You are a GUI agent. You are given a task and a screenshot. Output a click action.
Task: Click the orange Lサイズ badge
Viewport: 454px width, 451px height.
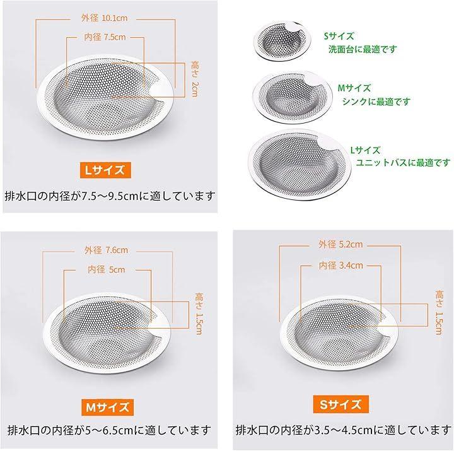tap(105, 170)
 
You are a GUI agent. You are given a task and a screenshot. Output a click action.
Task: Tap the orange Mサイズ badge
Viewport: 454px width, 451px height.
tap(107, 407)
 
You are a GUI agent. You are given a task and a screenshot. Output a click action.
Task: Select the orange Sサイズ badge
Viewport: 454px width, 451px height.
tap(340, 404)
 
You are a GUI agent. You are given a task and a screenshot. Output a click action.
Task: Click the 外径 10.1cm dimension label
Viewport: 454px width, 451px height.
tap(104, 18)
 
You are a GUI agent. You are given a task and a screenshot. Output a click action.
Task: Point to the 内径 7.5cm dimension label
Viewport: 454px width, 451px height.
tap(105, 37)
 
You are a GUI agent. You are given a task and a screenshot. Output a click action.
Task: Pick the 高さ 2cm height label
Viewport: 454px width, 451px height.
tap(195, 79)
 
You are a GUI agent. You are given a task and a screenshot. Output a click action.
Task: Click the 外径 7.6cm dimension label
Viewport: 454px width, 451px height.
tap(107, 250)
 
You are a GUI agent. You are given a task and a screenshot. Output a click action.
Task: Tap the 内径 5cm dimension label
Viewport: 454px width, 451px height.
tap(107, 270)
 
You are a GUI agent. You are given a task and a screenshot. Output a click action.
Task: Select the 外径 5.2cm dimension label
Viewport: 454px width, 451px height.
tap(340, 244)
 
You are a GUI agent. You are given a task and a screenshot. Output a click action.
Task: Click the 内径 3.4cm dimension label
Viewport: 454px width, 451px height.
tap(340, 266)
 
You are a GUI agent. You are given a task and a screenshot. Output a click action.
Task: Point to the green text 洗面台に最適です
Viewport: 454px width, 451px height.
tap(362, 49)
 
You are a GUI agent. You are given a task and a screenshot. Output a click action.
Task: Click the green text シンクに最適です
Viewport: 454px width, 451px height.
tap(376, 102)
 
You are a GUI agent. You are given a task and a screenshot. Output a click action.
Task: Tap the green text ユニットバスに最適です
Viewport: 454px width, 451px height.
tap(403, 163)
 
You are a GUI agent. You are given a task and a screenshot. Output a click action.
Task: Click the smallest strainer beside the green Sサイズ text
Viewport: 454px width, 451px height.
tap(282, 41)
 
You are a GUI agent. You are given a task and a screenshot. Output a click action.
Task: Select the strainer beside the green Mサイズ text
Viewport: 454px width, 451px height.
tap(293, 97)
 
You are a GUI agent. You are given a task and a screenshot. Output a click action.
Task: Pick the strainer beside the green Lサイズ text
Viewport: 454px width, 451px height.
tap(300, 165)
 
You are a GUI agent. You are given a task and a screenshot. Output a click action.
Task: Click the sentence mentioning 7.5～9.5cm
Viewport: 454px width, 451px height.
tap(110, 196)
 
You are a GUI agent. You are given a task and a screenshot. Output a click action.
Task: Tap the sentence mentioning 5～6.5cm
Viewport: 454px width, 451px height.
tap(109, 430)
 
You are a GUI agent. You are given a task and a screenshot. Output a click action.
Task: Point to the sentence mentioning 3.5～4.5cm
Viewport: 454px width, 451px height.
tap(344, 430)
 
